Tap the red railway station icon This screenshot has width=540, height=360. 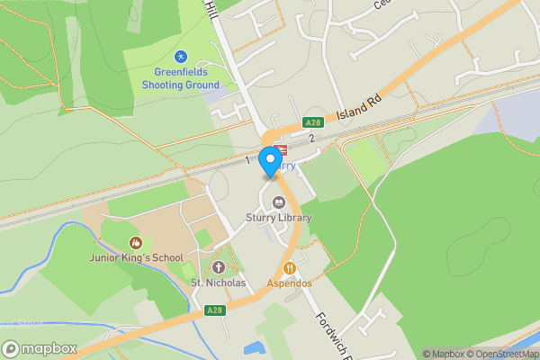click(x=281, y=150)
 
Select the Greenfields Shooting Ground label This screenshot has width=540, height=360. click(x=180, y=78)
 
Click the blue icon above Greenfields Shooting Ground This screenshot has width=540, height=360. click(x=180, y=56)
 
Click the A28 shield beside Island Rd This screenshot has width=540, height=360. click(x=312, y=122)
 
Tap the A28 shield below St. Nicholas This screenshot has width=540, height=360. click(x=213, y=310)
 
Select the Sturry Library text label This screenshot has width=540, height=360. click(x=278, y=218)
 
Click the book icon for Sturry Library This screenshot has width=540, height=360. click(x=278, y=202)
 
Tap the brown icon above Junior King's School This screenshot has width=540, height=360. click(x=135, y=242)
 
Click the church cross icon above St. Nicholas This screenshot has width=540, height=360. click(x=218, y=267)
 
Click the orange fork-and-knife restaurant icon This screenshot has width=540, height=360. click(x=290, y=267)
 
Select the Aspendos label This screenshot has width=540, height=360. click(x=289, y=283)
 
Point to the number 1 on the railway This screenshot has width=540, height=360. click(x=247, y=160)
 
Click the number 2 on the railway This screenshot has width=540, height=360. click(x=311, y=138)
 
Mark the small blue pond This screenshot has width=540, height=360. click(x=254, y=348)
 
